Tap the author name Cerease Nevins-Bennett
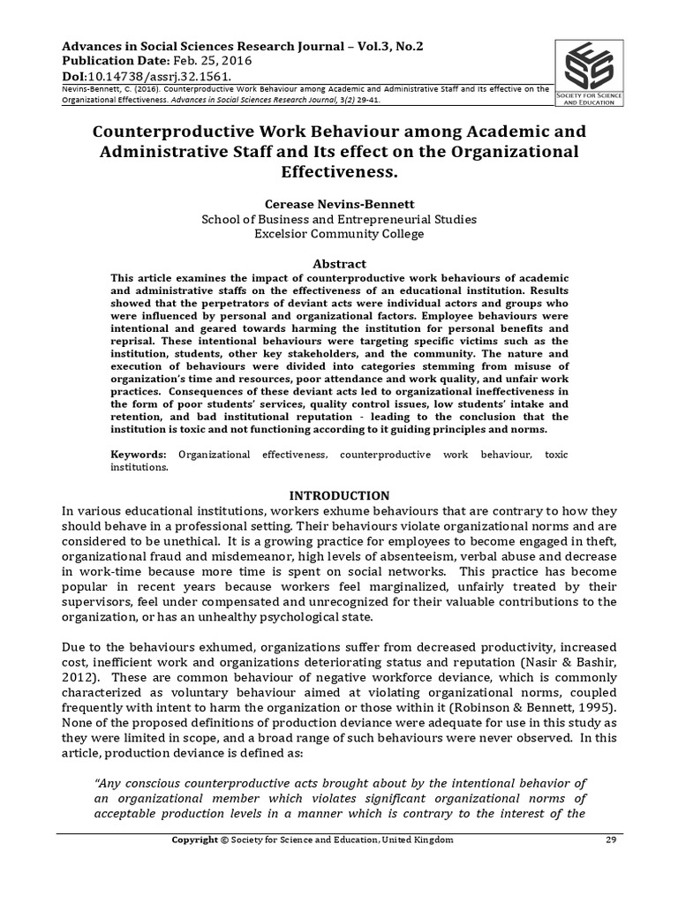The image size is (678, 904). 339,201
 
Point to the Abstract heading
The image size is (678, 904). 340,263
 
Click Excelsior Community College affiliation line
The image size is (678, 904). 340,234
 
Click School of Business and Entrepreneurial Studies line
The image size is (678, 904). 340,218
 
